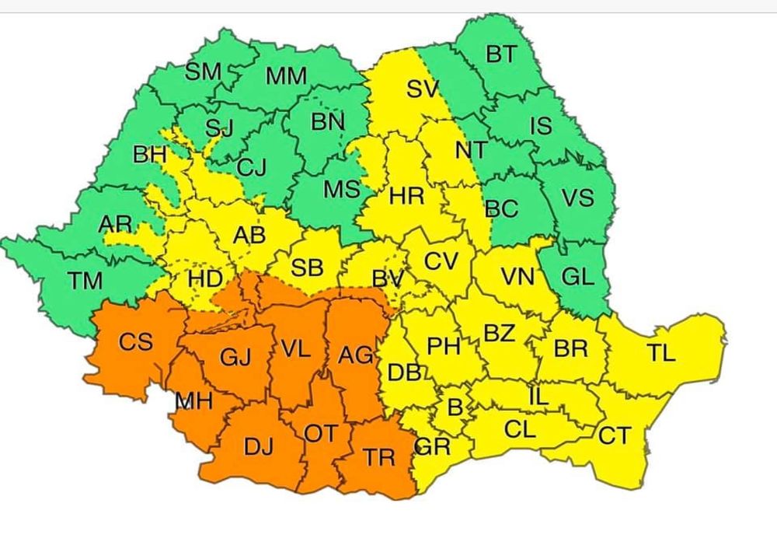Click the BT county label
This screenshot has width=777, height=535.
501,54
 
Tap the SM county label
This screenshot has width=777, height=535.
204,72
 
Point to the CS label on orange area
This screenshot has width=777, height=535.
135,341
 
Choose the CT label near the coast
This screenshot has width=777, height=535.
614,436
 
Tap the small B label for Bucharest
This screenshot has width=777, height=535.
455,407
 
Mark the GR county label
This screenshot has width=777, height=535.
433,447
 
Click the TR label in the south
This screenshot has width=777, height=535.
380,457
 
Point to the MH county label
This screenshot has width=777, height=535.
193,401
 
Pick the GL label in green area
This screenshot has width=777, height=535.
577,276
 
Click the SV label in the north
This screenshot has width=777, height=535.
423,89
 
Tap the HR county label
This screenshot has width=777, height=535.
406,197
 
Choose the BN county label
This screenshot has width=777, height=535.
327,121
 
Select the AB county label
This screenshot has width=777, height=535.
249,236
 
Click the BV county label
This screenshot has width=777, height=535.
387,278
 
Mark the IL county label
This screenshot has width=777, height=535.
538,397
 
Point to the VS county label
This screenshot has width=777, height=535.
577,198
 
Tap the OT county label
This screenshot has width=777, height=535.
320,433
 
